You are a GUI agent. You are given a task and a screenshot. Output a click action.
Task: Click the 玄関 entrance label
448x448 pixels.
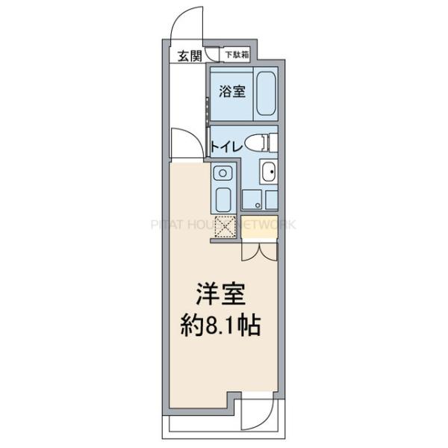point(190,55)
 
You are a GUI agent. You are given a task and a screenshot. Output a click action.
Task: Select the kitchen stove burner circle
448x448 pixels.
point(223,173)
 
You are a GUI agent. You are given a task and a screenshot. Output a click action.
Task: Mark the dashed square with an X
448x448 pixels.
point(225,226)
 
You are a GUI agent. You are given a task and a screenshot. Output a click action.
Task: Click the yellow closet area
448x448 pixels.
point(258,228)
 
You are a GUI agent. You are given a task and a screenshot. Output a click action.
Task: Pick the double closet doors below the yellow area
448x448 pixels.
point(258,251)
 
